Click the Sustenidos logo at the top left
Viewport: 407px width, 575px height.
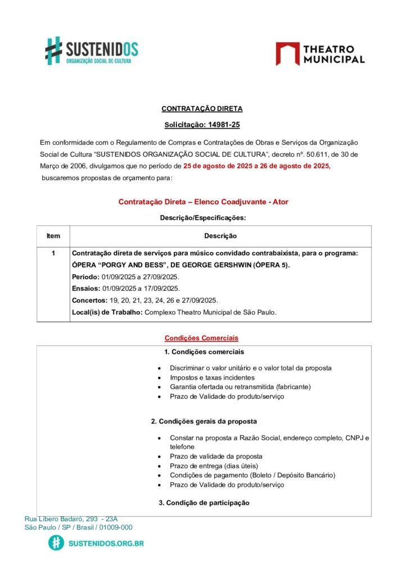(92, 51)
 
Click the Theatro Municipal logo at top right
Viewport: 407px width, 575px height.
(320, 53)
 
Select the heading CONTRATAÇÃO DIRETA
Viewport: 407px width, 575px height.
(202, 108)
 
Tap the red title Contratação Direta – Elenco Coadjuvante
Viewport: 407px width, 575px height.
(203, 202)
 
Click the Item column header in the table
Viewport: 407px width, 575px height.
(53, 236)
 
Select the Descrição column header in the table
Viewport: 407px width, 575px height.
(220, 236)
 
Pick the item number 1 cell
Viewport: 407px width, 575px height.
(53, 253)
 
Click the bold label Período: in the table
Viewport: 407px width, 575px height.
(85, 277)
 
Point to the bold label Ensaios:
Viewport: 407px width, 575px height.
(85, 289)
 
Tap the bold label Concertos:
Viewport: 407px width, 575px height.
(90, 300)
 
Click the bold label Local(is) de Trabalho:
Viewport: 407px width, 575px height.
(107, 312)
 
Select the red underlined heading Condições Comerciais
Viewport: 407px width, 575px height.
(201, 338)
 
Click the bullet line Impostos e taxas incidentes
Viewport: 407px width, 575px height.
(212, 378)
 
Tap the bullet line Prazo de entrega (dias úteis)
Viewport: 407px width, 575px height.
(214, 466)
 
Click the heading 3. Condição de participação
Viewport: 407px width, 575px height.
(203, 503)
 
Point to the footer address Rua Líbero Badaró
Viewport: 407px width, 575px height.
(71, 519)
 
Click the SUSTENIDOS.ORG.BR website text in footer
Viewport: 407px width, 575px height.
(106, 544)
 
